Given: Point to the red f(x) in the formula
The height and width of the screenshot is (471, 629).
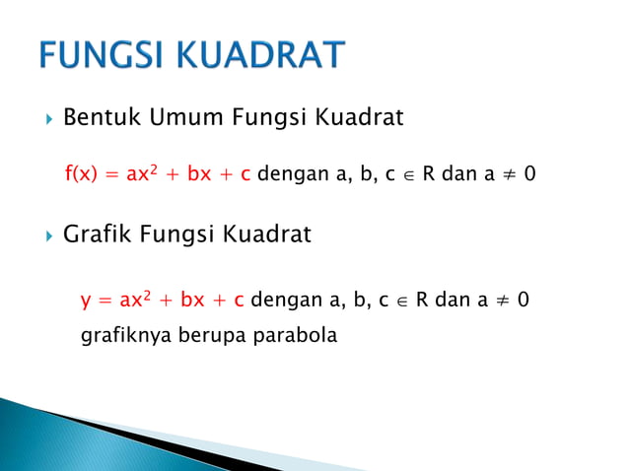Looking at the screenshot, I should (82, 174).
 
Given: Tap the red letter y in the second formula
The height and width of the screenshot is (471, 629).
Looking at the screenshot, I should (86, 300).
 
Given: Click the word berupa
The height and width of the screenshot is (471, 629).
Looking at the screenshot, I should (216, 335).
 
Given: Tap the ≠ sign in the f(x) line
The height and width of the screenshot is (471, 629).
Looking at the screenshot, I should (507, 174).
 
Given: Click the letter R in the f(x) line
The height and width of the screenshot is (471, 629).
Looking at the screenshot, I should (429, 174).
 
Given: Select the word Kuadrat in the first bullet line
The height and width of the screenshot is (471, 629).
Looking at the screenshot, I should (359, 118).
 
